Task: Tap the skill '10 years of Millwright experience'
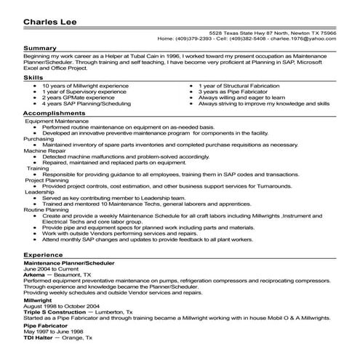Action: pos(81,85)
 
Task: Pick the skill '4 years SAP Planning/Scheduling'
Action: pos(81,103)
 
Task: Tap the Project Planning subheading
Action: pos(48,180)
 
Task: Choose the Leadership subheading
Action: pos(41,193)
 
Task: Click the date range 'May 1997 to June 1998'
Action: pos(51,332)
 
